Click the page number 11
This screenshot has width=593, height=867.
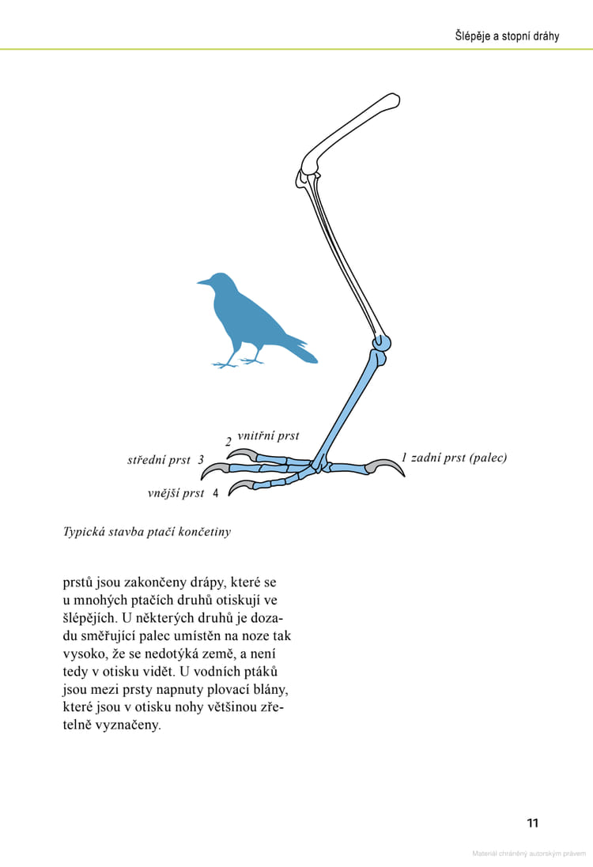pyautogui.click(x=532, y=824)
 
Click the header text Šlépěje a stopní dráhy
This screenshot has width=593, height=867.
pyautogui.click(x=507, y=36)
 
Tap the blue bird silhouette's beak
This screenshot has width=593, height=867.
pyautogui.click(x=202, y=281)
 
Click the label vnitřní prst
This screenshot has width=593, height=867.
pyautogui.click(x=268, y=435)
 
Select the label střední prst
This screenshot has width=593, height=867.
pyautogui.click(x=159, y=459)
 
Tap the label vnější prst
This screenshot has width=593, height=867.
pyautogui.click(x=176, y=493)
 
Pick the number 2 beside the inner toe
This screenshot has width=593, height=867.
pyautogui.click(x=228, y=443)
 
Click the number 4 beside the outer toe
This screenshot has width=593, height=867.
pyautogui.click(x=215, y=494)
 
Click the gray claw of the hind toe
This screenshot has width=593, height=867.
pyautogui.click(x=389, y=466)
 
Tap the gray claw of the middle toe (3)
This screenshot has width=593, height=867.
pyautogui.click(x=213, y=472)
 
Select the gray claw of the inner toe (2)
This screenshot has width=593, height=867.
pyautogui.click(x=242, y=454)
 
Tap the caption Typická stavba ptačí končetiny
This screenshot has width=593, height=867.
pyautogui.click(x=147, y=532)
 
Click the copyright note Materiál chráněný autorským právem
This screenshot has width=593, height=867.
pyautogui.click(x=528, y=854)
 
